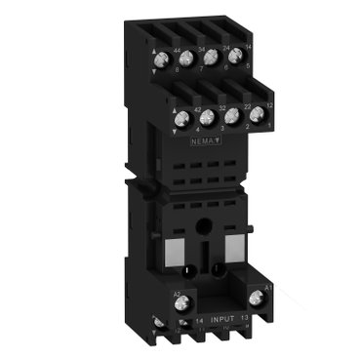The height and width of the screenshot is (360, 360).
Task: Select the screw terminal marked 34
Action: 184,58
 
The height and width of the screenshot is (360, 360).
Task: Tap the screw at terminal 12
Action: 258,113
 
